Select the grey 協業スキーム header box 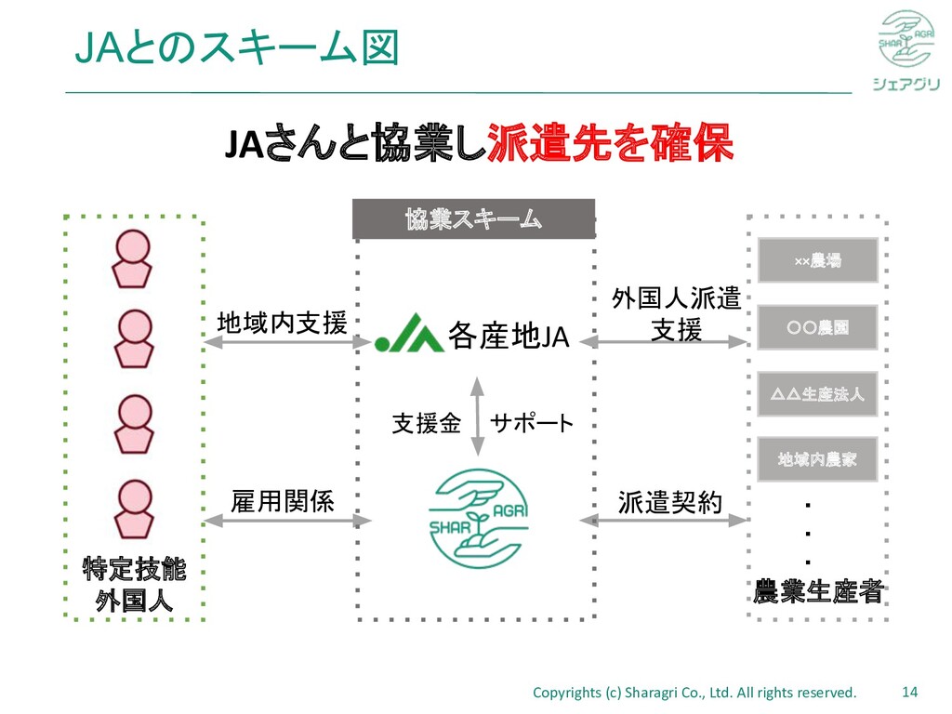tap(473, 219)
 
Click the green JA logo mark tap(409, 334)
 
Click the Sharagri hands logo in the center tap(478, 519)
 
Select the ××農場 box tap(818, 260)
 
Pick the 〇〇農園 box tap(818, 327)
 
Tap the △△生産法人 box tap(818, 393)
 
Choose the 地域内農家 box tap(818, 459)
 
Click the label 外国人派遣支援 tap(676, 314)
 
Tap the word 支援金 tap(426, 424)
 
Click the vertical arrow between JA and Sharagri tap(477, 416)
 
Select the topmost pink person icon tap(132, 258)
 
